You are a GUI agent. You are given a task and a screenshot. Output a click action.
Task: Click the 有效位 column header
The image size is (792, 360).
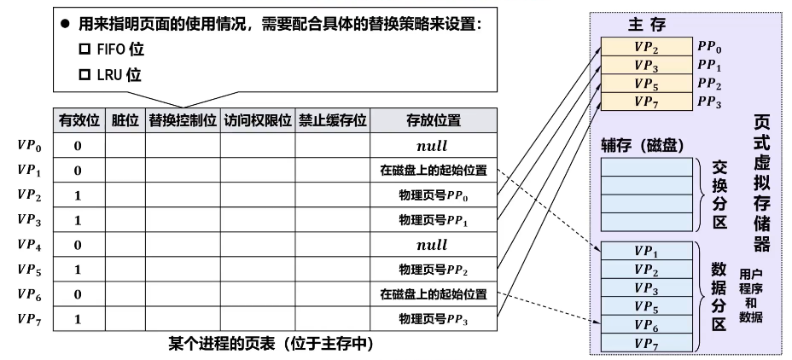click(78, 120)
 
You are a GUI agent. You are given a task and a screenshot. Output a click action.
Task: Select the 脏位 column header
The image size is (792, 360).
click(125, 120)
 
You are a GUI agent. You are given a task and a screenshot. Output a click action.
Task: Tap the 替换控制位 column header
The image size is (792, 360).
click(183, 120)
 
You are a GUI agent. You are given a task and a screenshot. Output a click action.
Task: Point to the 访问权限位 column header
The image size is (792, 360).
click(257, 120)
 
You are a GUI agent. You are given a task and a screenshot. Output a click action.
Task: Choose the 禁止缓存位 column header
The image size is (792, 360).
click(332, 120)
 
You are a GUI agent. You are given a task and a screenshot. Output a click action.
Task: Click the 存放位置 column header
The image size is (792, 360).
click(434, 120)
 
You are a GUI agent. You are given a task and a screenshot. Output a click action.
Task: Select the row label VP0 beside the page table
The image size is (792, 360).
click(30, 145)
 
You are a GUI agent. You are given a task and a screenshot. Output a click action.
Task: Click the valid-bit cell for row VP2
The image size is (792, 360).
click(78, 195)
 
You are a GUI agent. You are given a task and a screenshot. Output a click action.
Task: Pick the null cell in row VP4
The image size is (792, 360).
click(434, 245)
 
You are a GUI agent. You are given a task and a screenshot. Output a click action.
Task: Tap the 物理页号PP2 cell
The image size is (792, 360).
click(434, 270)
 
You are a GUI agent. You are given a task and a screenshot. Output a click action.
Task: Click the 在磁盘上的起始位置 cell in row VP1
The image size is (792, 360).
click(434, 171)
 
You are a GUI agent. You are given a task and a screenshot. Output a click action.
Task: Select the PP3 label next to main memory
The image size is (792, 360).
click(709, 103)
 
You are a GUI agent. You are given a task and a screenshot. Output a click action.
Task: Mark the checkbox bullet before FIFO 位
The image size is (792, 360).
click(84, 50)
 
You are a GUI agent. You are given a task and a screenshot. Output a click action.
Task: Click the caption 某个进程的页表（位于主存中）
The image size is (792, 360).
click(271, 344)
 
